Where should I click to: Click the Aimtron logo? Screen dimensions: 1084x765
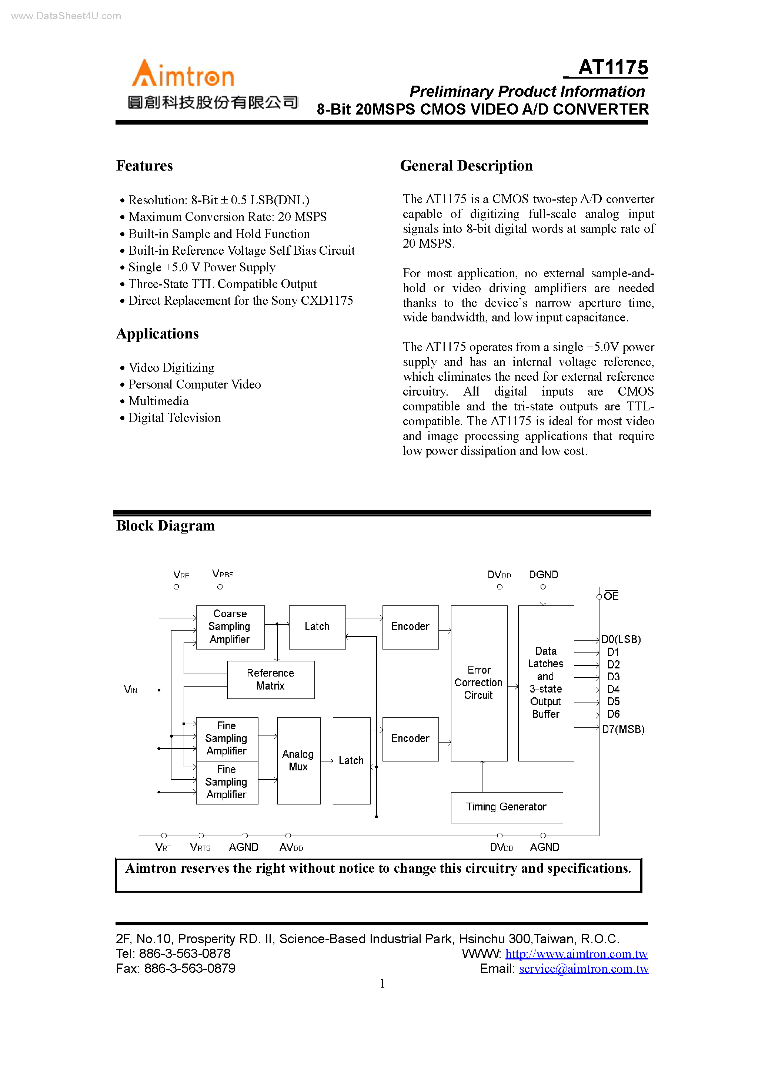coord(183,74)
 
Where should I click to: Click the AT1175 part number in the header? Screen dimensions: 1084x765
coord(613,67)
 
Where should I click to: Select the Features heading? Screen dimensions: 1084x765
coord(144,166)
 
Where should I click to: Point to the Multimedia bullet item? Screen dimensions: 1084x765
coord(158,401)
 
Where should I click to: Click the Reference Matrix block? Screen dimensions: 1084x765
coord(270,680)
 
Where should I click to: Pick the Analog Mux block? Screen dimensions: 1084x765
coord(298,760)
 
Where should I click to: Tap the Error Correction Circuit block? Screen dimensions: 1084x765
coord(479,683)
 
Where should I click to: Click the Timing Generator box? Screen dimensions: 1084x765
coord(506,807)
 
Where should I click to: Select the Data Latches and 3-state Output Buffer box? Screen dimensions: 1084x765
coord(546,683)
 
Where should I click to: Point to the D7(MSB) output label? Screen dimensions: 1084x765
coord(622,730)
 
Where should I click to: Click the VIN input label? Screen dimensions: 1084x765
coord(130,690)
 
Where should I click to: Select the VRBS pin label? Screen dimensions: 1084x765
coord(223,574)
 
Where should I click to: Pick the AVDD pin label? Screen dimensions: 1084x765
coord(291,847)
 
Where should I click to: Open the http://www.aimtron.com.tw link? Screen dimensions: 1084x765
coord(577,954)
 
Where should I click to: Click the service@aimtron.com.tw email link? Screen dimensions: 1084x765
coord(584,969)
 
